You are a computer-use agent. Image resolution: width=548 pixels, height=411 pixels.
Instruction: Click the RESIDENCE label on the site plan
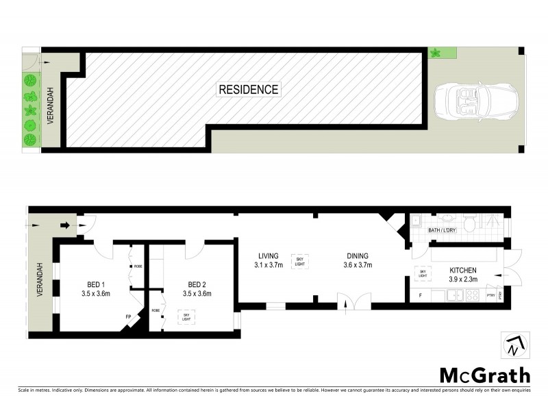pos(248,89)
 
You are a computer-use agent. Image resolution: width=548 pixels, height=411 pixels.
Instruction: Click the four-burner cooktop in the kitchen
pos(472,296)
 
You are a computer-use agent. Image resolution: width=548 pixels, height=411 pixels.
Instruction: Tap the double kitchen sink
pos(455,296)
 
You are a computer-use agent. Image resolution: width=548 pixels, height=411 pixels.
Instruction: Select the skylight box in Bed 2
pos(186,316)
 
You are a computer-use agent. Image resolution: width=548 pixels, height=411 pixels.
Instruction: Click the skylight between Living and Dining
pos(299,260)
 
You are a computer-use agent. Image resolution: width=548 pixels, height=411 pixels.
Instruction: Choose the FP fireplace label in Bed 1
pos(127,317)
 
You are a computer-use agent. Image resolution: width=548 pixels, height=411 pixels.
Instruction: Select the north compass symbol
pos(514,346)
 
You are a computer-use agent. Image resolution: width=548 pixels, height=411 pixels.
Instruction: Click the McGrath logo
pos(484,375)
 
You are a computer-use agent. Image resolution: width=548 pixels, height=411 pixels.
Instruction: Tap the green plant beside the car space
pos(434,52)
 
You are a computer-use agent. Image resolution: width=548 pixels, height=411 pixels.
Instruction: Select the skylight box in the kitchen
pos(422,272)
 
